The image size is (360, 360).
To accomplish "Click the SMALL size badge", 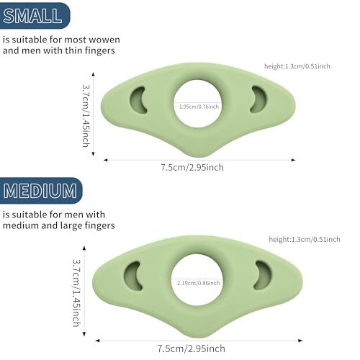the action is (34, 16).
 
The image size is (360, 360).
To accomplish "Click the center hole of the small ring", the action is (197, 104).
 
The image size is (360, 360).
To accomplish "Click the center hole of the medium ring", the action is (197, 280).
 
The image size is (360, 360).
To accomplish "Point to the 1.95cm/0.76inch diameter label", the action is (199, 107).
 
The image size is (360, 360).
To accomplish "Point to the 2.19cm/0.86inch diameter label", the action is (199, 283).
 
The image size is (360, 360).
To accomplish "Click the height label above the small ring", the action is (297, 66).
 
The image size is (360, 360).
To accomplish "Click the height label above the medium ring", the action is (305, 240).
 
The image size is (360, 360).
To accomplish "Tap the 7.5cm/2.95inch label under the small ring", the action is (192, 168).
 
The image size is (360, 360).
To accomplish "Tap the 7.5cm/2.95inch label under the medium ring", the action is (192, 348).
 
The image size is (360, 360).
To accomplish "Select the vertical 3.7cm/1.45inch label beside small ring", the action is (86, 115).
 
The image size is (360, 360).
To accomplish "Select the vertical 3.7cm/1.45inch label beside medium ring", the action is (76, 293).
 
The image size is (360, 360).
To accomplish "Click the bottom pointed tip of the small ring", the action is (197, 157).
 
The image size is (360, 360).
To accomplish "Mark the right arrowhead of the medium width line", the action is (300, 341).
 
